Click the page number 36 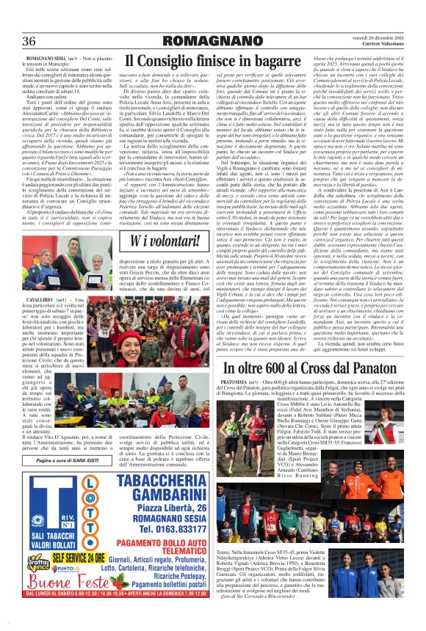pos(30,40)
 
